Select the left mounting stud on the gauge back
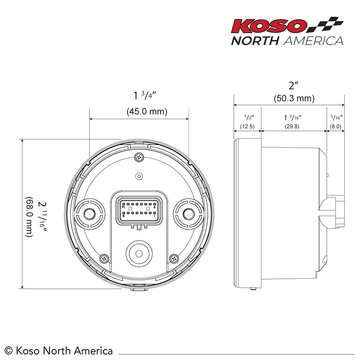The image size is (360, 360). [x=91, y=213]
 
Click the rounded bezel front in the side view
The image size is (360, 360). [x=241, y=214]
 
